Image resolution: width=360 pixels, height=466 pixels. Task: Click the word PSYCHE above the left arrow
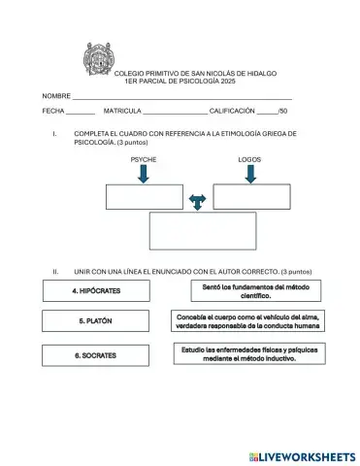point(143,159)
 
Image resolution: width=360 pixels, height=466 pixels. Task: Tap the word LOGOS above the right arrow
point(249,159)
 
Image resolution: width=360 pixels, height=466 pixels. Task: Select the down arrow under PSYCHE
point(144,174)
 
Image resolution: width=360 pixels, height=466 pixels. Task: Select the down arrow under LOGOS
point(250,174)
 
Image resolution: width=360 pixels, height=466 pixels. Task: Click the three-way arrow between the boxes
point(198,201)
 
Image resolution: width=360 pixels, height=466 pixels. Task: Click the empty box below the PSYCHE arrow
point(144,196)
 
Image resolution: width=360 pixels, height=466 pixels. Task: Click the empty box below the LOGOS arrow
point(251,196)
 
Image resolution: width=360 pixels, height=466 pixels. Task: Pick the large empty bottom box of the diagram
point(197,230)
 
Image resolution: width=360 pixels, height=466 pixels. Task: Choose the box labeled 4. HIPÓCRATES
point(95,290)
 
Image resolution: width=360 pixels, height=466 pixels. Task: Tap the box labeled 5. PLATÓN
point(95,321)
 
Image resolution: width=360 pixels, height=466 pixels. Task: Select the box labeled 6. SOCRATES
point(95,355)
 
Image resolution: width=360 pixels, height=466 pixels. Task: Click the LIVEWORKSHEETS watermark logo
point(302,455)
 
